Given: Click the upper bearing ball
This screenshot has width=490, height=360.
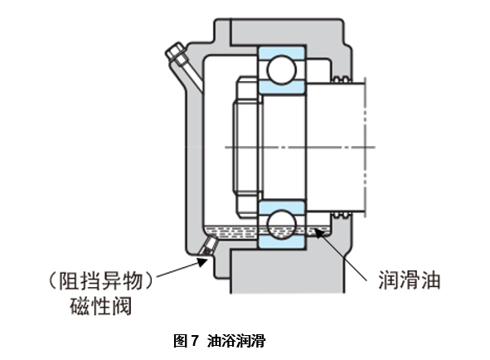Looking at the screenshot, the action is coord(281,70).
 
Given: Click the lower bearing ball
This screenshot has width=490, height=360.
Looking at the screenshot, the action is coord(281,224).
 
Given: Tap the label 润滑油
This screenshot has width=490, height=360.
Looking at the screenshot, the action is coord(410,280).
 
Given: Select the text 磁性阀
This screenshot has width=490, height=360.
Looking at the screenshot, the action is coord(100,305).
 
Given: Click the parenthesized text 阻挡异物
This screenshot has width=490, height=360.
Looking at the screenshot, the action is coord(100,280).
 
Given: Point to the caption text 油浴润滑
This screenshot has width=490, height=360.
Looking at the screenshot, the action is coord(236,341).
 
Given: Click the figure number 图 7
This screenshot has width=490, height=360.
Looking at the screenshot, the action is coord(186,341).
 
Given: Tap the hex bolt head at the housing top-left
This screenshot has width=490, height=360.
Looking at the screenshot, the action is coord(175,52).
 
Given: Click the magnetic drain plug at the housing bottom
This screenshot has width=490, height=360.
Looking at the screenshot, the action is coord(208,245).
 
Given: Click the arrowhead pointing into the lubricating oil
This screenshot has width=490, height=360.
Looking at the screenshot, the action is coord(318,233).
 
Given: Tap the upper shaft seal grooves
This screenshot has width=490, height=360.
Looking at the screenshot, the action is coord(341,79).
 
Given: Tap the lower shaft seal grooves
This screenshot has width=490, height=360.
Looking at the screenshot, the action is coord(341,215).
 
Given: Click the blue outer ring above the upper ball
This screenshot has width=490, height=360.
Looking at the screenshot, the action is coord(281,52).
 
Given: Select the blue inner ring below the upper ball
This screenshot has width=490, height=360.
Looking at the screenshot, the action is coord(281,86).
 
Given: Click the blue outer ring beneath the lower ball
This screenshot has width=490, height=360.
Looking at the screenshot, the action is coord(281,241).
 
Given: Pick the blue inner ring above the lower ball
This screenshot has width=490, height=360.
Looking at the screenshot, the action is coord(281,207).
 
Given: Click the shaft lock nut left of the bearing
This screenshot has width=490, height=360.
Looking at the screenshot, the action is coord(247,147).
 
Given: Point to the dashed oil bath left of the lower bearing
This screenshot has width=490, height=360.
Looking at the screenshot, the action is coord(231,231).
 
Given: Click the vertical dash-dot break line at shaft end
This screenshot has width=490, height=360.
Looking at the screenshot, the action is coord(366,147).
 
